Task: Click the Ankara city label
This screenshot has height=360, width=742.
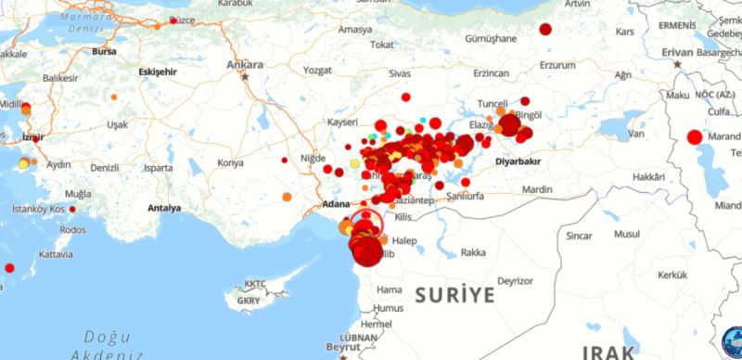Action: click(x=246, y=65)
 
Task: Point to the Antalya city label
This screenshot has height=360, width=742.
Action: click(x=164, y=208)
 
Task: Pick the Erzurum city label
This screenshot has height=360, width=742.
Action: click(x=557, y=65)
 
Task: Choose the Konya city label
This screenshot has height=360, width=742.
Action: click(x=230, y=163)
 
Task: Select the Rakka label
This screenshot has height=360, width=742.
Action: click(x=473, y=252)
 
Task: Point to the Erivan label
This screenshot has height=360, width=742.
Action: click(x=677, y=52)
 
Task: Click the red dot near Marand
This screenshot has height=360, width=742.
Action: click(x=695, y=138)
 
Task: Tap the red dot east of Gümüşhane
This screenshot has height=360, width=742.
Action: click(x=545, y=29)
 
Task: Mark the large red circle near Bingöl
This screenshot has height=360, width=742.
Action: click(x=509, y=124)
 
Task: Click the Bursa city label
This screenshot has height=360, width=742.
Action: click(x=104, y=52)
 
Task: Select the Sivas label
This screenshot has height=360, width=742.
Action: click(x=399, y=72)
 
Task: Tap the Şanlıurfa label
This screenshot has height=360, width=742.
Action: click(x=472, y=197)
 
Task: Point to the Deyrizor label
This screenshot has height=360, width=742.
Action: click(x=515, y=280)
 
